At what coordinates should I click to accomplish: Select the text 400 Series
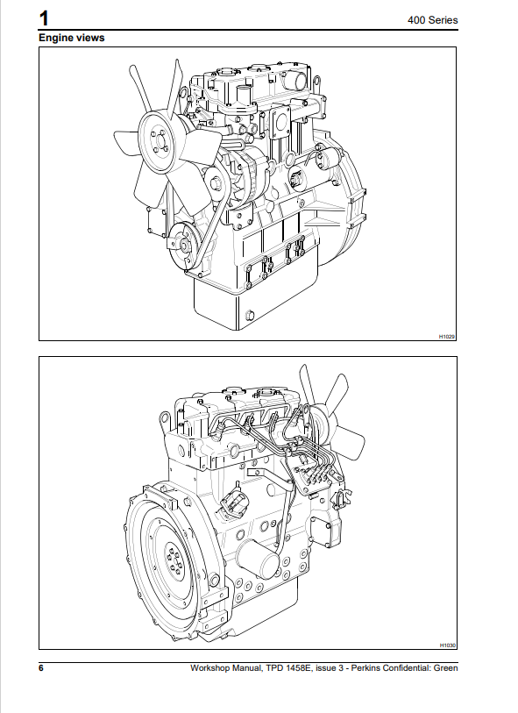[433, 19]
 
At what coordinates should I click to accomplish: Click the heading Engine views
[71, 38]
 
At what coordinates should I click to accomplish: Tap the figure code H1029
[447, 336]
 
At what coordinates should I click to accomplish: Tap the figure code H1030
[447, 645]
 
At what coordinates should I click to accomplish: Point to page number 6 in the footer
[41, 668]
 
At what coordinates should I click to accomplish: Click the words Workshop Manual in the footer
[223, 668]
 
